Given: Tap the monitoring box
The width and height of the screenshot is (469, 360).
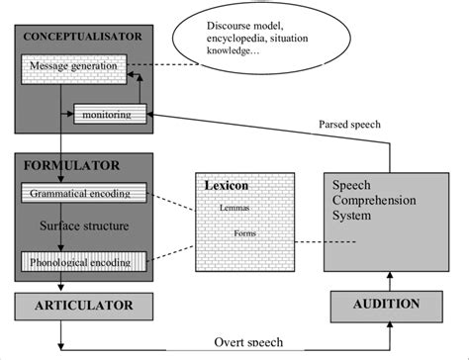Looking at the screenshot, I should click(111, 115).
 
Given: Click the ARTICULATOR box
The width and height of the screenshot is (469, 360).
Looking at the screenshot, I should click(84, 304).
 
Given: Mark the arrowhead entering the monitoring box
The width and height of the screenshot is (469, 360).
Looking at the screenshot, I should click(150, 115).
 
